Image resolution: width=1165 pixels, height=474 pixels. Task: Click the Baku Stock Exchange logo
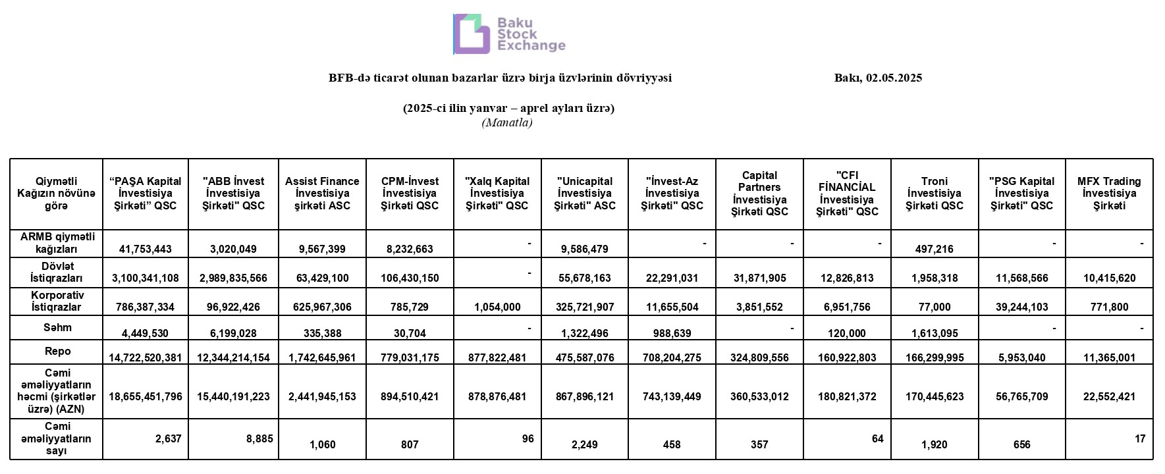[x=509, y=34]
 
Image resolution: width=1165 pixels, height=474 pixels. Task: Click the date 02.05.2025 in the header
[x=894, y=78]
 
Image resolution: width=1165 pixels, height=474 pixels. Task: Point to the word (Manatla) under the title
[x=507, y=122]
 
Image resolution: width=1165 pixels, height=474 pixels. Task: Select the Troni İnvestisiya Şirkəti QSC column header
[x=934, y=194]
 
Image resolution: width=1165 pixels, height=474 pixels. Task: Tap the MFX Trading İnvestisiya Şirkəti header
[x=1109, y=194]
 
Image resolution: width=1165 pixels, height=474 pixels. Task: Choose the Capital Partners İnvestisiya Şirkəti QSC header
[x=759, y=194]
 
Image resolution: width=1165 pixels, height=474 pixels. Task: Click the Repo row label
[x=57, y=352]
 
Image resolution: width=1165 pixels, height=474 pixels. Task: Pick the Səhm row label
[x=57, y=327]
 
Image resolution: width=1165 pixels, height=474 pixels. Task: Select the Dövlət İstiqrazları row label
[x=56, y=272]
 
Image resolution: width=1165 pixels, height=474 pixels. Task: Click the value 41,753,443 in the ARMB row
[x=146, y=249]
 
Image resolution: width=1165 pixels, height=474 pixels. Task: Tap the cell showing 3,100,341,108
[x=146, y=278]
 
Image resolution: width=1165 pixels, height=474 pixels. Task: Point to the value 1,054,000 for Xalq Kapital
[x=497, y=307]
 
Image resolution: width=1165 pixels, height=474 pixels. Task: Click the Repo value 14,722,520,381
[x=146, y=358]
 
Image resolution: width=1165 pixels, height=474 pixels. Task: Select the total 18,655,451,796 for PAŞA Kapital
[x=146, y=396]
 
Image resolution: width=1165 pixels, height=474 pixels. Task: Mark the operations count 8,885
[x=259, y=438]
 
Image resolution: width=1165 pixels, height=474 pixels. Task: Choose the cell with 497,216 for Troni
[x=935, y=249]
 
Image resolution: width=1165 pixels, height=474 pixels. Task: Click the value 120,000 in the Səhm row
[x=847, y=333]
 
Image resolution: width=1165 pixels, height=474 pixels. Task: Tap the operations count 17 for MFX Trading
[x=1140, y=438]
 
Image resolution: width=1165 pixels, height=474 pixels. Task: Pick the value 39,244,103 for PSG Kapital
[x=1021, y=307]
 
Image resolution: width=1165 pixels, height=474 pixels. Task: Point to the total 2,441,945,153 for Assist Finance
[x=322, y=396]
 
